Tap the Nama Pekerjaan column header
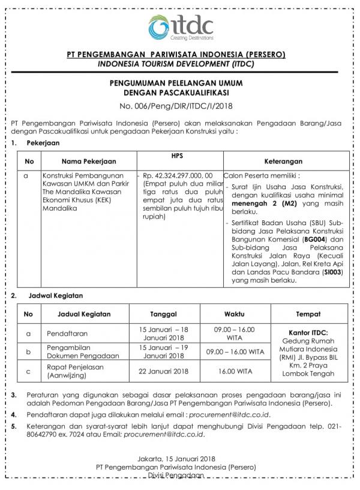coord(88,162)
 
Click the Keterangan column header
coord(283,162)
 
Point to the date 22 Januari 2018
coord(164,371)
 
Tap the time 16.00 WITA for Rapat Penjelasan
coord(235,371)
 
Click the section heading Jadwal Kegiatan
coord(55,295)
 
